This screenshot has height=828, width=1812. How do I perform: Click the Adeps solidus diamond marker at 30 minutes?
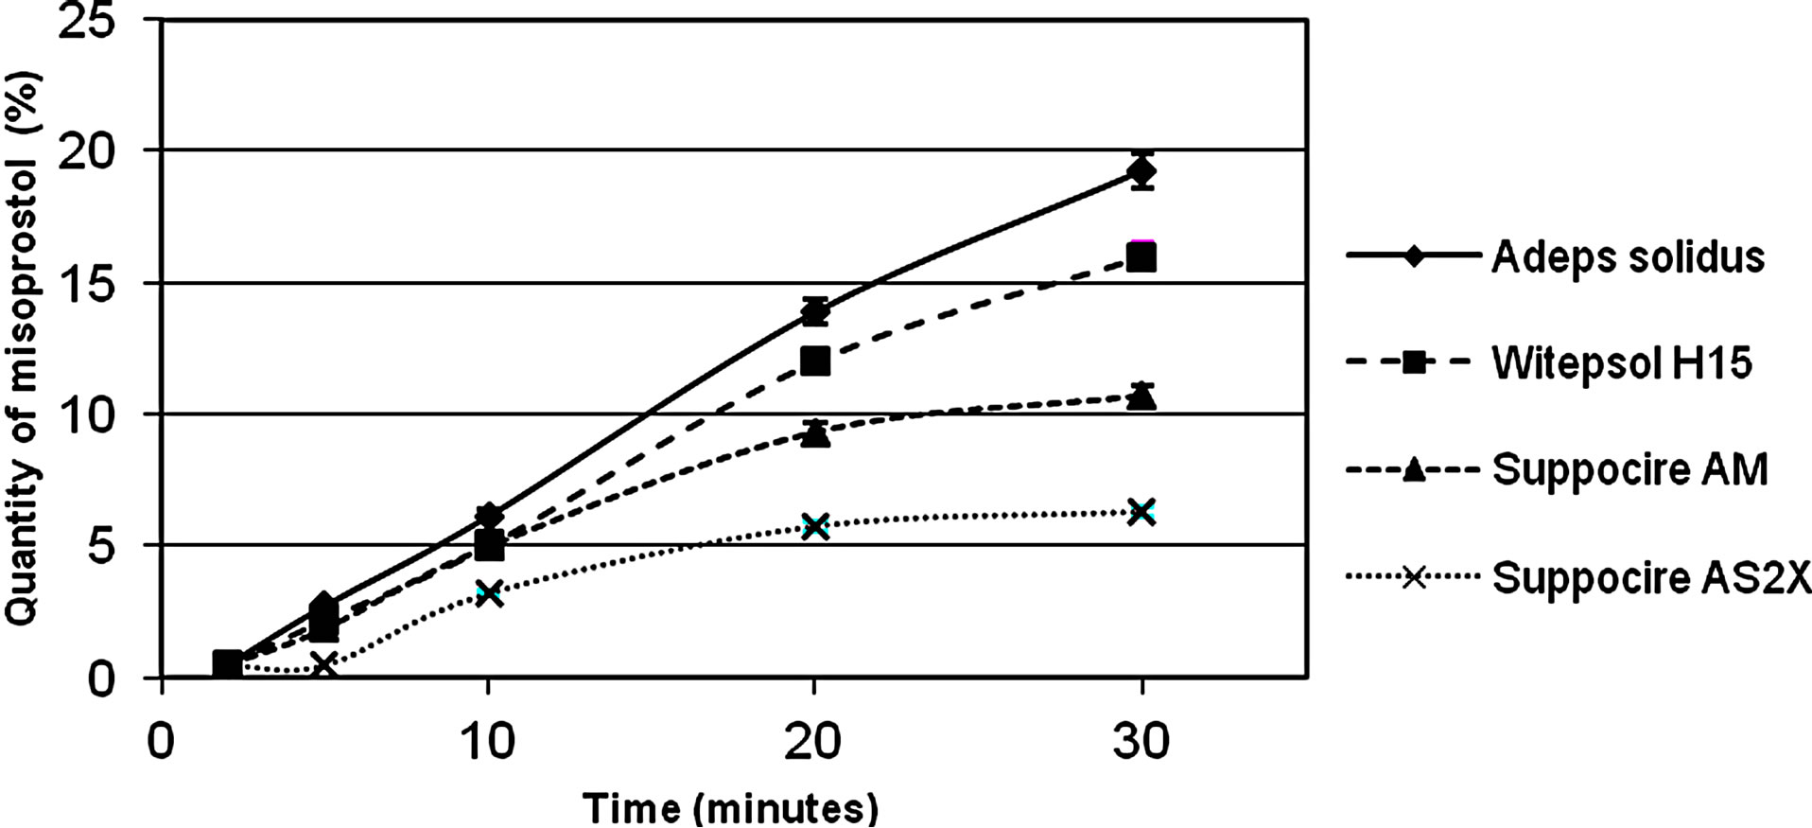tap(1142, 171)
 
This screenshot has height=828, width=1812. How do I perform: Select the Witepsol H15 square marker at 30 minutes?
tap(1142, 257)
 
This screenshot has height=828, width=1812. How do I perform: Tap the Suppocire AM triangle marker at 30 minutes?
tap(1142, 396)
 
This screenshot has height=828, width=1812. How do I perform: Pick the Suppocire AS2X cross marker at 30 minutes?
tap(1142, 512)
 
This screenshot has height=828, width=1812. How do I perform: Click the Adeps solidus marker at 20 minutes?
tap(815, 311)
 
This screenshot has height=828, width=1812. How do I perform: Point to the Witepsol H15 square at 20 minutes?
tap(815, 361)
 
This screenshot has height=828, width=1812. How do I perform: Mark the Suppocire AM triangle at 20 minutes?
tap(815, 434)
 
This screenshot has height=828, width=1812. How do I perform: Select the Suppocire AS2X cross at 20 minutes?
tap(815, 525)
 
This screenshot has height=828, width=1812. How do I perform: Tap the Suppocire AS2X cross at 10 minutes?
tap(488, 593)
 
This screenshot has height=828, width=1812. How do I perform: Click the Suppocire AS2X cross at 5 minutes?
tap(324, 665)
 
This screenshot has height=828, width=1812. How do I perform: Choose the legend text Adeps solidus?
tap(1628, 256)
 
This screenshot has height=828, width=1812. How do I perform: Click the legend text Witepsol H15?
tap(1622, 362)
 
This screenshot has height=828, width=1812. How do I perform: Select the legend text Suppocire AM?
tap(1629, 469)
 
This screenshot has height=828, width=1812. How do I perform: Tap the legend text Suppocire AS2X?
tap(1651, 576)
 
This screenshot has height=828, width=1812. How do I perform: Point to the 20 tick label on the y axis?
tap(87, 151)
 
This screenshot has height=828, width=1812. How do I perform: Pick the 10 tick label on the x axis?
tap(488, 742)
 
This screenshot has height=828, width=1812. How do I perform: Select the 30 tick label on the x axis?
tap(1141, 742)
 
